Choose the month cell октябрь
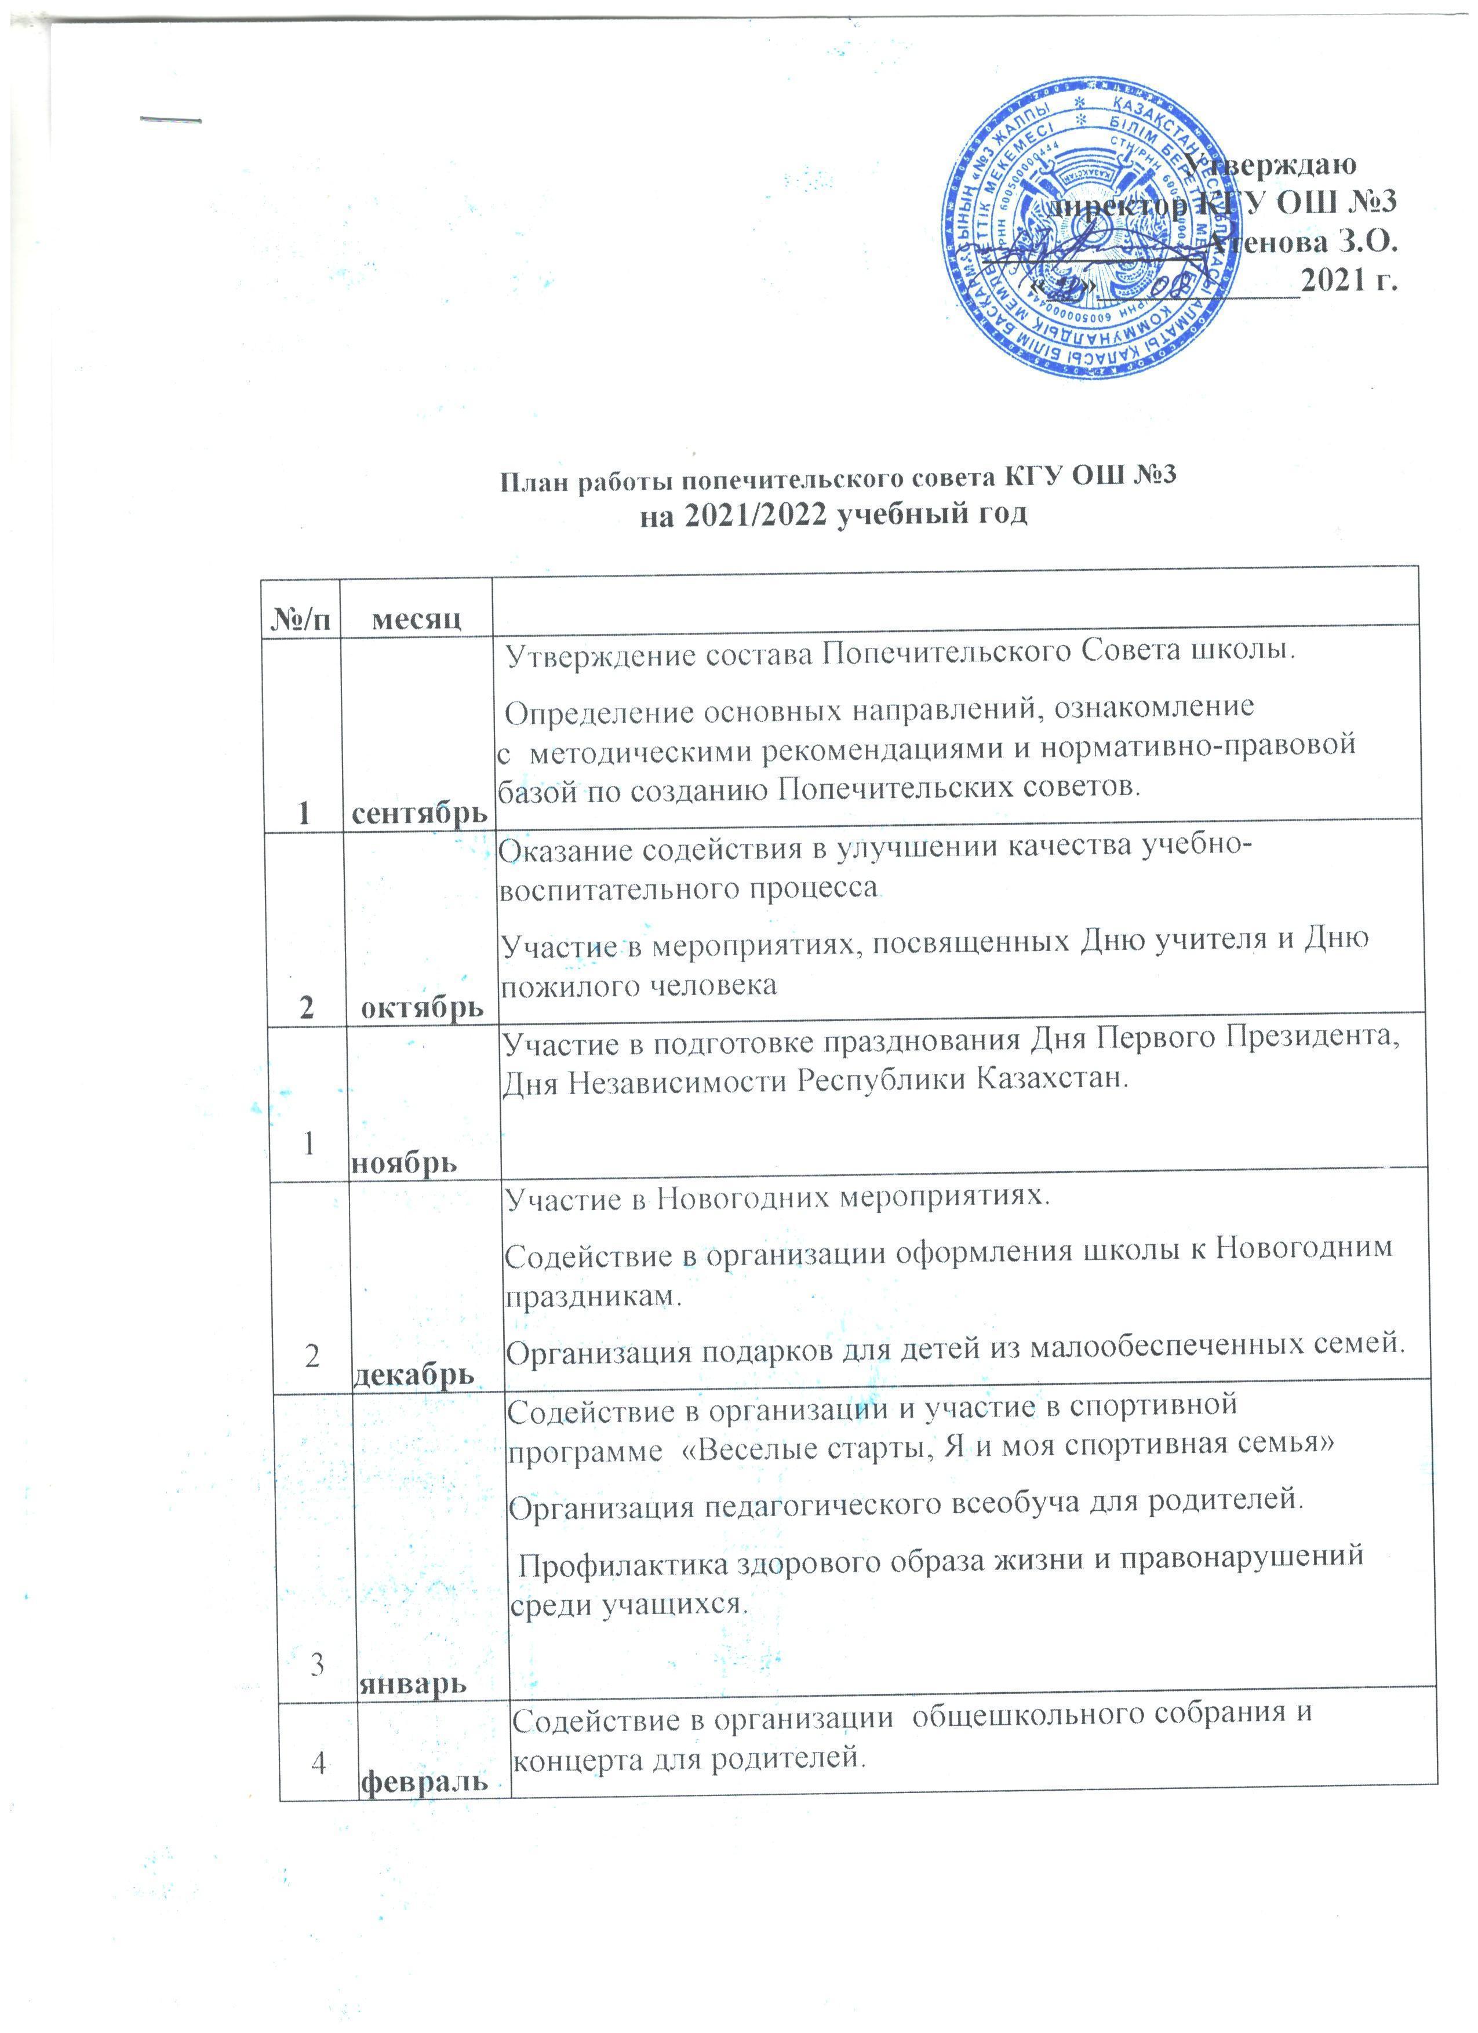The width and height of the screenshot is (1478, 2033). [421, 1008]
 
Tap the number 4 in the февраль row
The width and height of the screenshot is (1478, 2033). [317, 1763]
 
